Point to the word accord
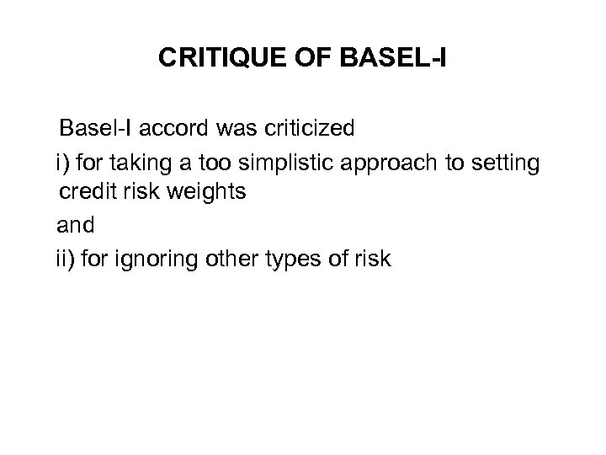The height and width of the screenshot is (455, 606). coord(167,129)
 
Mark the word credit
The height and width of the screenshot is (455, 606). coord(87,192)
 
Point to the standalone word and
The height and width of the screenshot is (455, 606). coord(73,224)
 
